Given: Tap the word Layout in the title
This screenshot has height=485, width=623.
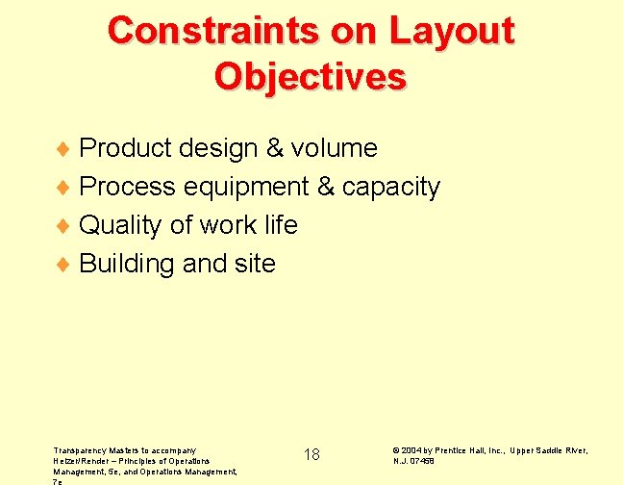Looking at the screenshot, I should point(452,31).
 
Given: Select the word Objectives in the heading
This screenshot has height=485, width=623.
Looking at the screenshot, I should point(311,76).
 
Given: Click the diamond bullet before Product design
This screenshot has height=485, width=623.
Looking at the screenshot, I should point(66,149).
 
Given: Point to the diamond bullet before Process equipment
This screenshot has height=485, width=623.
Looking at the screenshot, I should point(66,188).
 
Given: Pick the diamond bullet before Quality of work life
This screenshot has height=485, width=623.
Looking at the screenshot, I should point(66,226).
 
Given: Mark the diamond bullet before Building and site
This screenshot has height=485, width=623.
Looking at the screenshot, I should point(66,265).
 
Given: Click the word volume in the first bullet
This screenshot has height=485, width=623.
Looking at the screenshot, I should point(335,148).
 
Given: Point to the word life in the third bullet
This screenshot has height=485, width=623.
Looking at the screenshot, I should point(278,225).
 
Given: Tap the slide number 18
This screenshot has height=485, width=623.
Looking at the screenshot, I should point(311,454).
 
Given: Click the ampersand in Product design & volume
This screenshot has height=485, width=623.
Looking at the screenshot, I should point(274,148).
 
